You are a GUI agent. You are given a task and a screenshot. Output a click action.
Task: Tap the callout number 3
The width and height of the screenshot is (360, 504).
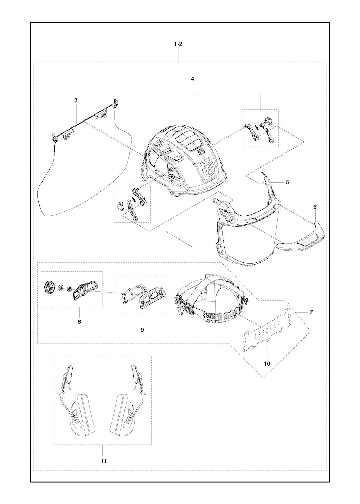[x=76, y=100]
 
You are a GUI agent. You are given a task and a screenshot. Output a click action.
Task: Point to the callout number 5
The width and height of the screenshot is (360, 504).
[x=287, y=182]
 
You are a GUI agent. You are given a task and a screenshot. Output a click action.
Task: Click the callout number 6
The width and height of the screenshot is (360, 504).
[x=315, y=207]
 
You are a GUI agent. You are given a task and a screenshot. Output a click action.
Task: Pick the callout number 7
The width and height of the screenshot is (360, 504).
[x=311, y=312]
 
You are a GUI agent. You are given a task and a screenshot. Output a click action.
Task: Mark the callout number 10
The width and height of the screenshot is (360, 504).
[x=267, y=364]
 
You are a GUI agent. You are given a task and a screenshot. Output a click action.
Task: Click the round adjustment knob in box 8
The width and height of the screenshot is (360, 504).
[x=50, y=287]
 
